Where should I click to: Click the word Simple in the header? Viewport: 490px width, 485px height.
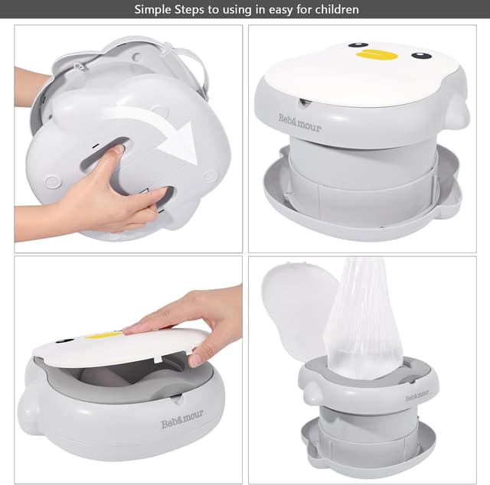[x=153, y=10]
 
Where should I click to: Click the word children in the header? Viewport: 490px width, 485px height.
[x=335, y=10]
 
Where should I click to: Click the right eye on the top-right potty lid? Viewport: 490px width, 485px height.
[x=421, y=55]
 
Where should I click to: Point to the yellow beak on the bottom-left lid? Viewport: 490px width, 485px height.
[x=104, y=334]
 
